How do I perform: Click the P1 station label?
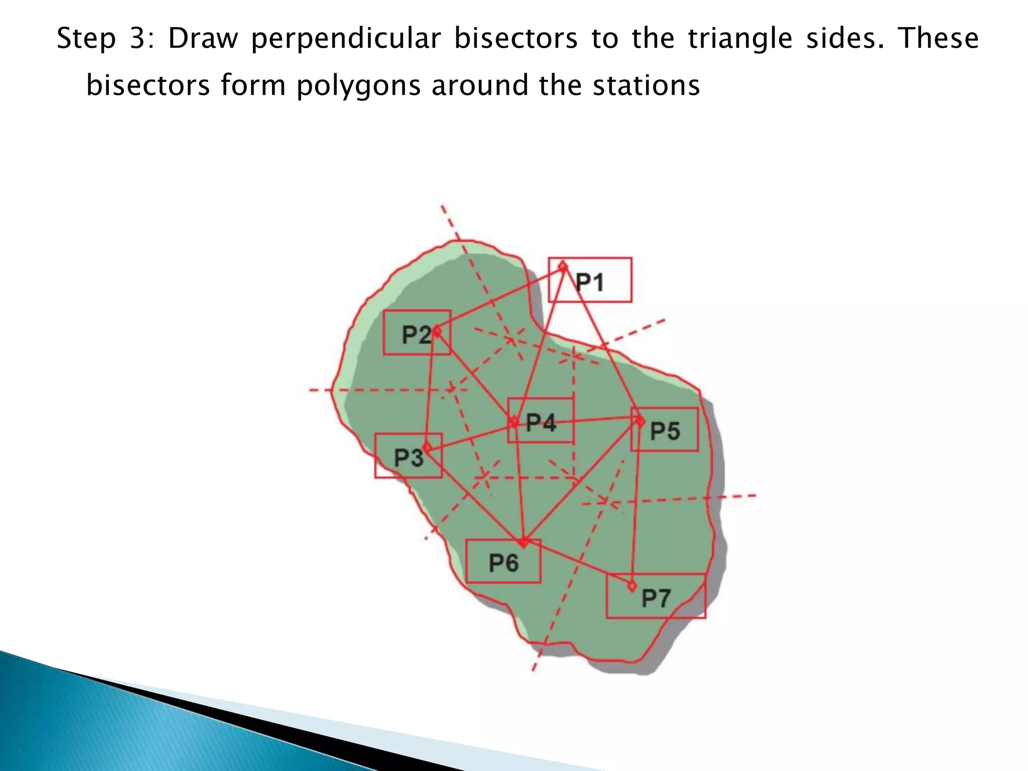point(589,282)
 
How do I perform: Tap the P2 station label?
point(417,334)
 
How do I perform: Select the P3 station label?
point(409,457)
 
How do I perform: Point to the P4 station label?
point(541,423)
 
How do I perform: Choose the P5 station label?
point(665,431)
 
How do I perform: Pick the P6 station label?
point(503,563)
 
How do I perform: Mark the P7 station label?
point(656,598)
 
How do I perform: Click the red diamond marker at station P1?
point(563,266)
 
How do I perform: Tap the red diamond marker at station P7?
point(631,585)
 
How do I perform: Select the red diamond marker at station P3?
point(427,447)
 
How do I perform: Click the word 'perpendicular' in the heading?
point(346,39)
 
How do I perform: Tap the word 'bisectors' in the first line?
point(516,38)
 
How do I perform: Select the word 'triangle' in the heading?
point(740,39)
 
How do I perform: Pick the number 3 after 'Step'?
point(137,39)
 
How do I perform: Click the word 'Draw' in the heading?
point(203,39)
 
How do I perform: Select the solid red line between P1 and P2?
point(500,298)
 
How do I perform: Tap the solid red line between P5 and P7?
point(636,502)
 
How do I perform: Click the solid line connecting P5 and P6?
point(582,481)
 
